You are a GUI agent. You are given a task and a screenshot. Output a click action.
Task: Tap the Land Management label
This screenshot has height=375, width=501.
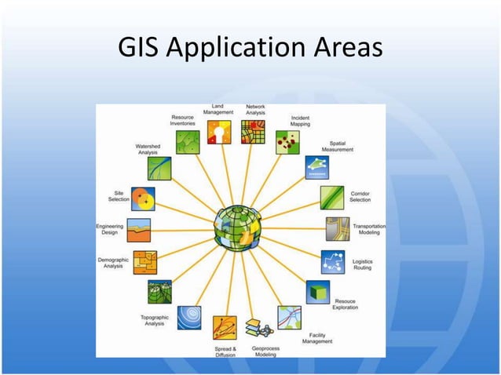pos(218,109)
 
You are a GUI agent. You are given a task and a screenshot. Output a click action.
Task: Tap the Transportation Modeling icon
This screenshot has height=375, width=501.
pos(338,229)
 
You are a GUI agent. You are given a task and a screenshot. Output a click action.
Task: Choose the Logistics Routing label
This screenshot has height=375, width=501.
pos(362,264)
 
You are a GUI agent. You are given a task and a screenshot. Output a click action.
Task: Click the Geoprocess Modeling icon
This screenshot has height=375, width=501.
pos(257,327)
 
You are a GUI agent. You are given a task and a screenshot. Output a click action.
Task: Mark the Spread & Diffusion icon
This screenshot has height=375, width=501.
pos(225,326)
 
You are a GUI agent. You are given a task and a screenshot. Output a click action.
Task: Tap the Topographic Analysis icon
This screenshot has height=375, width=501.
pos(188,315)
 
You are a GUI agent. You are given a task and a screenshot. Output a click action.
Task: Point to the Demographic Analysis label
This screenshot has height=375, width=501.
pos(113,263)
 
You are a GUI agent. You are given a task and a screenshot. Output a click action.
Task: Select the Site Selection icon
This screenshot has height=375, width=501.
pos(143,198)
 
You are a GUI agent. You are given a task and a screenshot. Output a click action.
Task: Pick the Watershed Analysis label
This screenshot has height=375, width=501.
pos(148,149)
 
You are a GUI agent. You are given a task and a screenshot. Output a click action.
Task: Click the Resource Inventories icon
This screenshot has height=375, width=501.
pos(188,140)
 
